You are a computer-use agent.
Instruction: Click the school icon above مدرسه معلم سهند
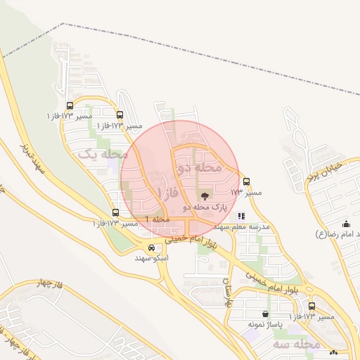pos(242,217)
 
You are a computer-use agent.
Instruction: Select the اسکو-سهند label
pos(152,258)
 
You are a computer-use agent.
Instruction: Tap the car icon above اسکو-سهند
pos(152,247)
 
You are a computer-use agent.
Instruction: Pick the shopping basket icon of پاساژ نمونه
pos(265,314)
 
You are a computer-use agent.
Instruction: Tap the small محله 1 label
pos(158,220)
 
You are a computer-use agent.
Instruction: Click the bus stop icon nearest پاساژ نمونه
pos(312,307)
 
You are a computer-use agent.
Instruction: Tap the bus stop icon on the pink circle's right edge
pos(246,181)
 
